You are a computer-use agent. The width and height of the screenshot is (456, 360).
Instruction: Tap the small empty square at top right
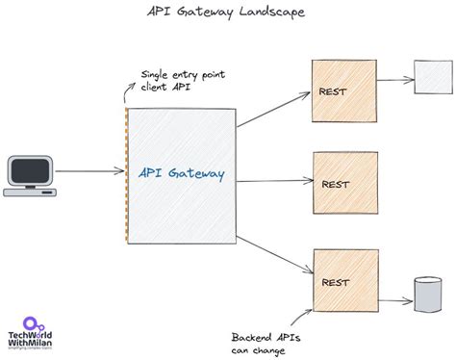tap(427, 73)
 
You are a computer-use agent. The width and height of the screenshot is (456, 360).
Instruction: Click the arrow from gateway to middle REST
tap(277, 179)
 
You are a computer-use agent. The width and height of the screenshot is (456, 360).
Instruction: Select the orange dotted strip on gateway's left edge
tap(127, 174)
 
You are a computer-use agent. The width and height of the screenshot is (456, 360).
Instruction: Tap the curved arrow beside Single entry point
tap(131, 91)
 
